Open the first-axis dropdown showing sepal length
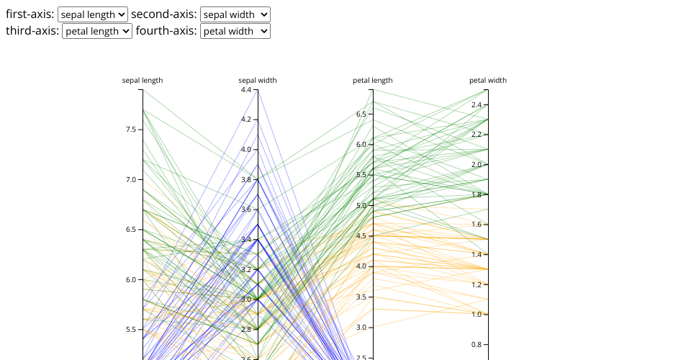(92, 14)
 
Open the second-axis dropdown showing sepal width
(235, 14)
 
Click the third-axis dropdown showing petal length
(96, 31)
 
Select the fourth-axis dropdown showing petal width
(235, 31)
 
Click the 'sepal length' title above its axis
(143, 81)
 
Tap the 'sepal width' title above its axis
(258, 81)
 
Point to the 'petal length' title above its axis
(373, 81)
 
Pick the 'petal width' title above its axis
(488, 81)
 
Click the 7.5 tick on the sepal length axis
(131, 130)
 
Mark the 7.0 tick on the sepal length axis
(131, 179)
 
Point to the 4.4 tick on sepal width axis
(246, 90)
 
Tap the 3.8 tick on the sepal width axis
(246, 179)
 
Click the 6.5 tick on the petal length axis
(361, 114)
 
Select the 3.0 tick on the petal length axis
(361, 328)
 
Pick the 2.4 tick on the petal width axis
(477, 105)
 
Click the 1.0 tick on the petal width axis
(477, 315)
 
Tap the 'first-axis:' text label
(30, 14)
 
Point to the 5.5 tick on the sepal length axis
(131, 330)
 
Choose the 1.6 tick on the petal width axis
(477, 225)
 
